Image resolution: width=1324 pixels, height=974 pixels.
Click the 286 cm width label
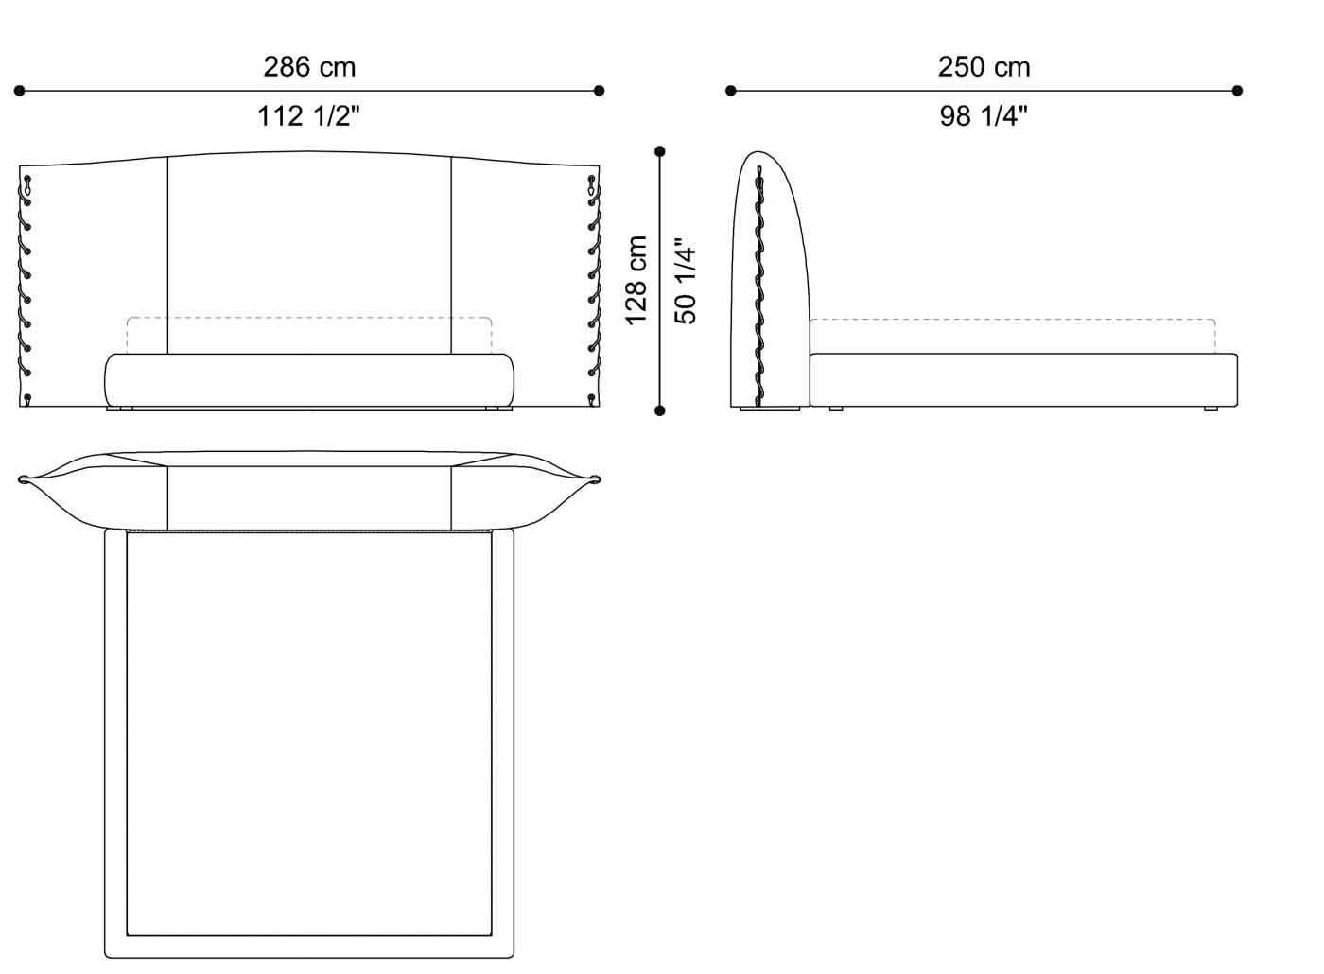[x=309, y=67]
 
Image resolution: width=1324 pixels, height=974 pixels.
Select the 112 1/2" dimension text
[x=309, y=116]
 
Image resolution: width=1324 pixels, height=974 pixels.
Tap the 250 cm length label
[x=984, y=67]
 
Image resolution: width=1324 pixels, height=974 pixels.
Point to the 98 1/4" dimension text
[x=984, y=116]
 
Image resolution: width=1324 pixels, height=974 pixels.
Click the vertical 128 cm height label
[x=636, y=280]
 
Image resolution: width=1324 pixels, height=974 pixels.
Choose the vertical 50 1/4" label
[x=686, y=280]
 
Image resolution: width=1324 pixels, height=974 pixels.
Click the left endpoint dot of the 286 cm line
[x=19, y=91]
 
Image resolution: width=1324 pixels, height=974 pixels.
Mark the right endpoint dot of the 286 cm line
[x=599, y=91]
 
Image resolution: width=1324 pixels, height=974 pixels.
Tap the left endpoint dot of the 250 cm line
[x=730, y=91]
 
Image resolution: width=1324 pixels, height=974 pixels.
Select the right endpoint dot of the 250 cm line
[x=1237, y=91]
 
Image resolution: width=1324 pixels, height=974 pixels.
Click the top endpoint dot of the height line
[x=659, y=151]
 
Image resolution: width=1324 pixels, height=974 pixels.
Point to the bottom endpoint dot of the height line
[x=659, y=410]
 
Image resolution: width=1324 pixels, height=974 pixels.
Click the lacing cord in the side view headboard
[x=758, y=284]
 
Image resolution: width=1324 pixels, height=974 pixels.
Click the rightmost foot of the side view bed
[x=1211, y=409]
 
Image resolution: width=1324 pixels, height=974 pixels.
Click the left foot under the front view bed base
[x=120, y=409]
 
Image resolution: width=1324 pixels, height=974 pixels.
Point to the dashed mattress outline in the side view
[x=1012, y=320]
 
